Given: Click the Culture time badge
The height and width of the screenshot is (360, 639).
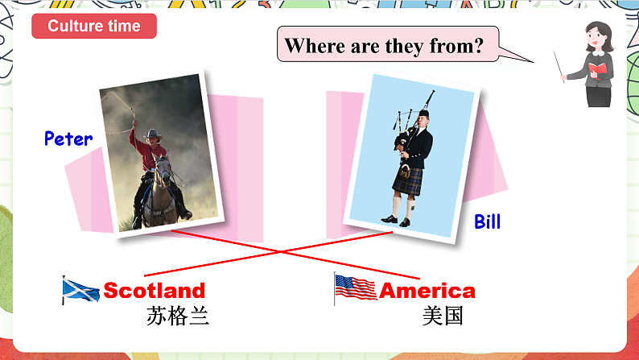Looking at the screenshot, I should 93,26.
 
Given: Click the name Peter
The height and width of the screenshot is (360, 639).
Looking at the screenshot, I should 68,139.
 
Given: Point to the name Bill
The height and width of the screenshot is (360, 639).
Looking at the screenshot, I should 487,221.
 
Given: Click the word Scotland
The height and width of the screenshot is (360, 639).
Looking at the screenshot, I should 155,290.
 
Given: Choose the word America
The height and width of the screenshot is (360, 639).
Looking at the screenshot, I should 427,291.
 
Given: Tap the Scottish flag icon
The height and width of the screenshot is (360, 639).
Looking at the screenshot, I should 81,290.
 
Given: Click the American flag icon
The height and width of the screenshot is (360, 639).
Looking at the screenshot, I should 355,288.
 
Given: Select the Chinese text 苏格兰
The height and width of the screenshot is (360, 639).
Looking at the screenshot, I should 178,316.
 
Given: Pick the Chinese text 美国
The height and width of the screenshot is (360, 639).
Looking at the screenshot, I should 443,316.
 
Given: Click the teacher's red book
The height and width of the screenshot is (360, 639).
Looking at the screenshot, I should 597,71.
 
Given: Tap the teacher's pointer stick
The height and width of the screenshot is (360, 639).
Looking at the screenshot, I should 559,66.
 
